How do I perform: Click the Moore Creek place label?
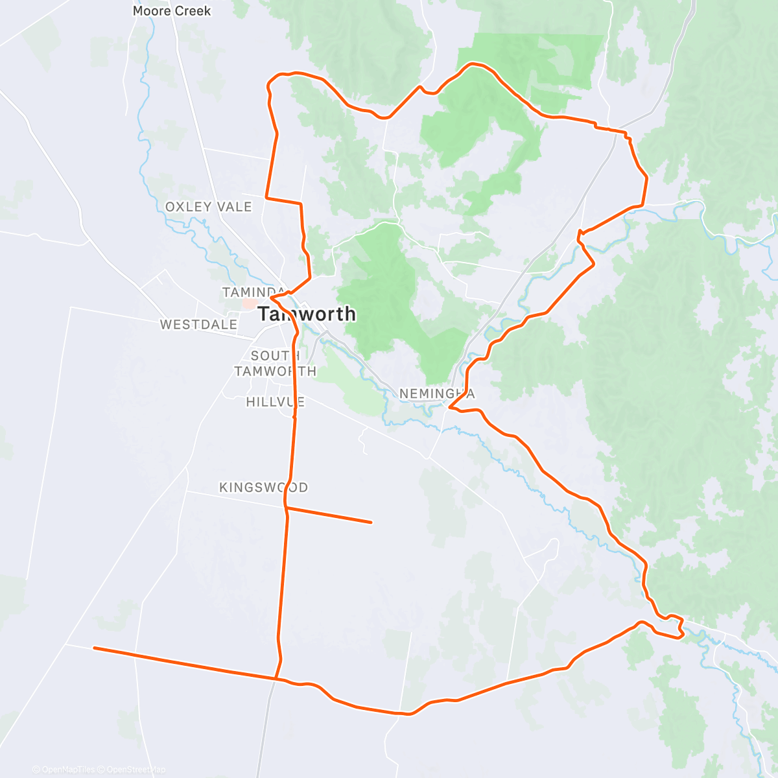coord(172,11)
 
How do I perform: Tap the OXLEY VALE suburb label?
coord(208,207)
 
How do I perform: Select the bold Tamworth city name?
coord(307,314)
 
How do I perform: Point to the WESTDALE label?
coord(198,324)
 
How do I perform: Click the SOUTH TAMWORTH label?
coord(276,364)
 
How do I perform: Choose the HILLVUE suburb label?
coord(275,402)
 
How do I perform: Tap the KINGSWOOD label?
coord(263,488)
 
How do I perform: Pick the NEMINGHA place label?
coord(437,394)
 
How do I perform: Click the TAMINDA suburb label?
coord(253,292)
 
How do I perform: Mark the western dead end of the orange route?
coord(95,648)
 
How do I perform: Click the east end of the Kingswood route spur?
coord(371,522)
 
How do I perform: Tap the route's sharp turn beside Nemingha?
coord(449,407)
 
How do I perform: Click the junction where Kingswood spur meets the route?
coord(285,508)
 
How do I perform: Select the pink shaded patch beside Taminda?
coord(249,303)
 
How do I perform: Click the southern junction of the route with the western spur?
coord(276,678)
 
